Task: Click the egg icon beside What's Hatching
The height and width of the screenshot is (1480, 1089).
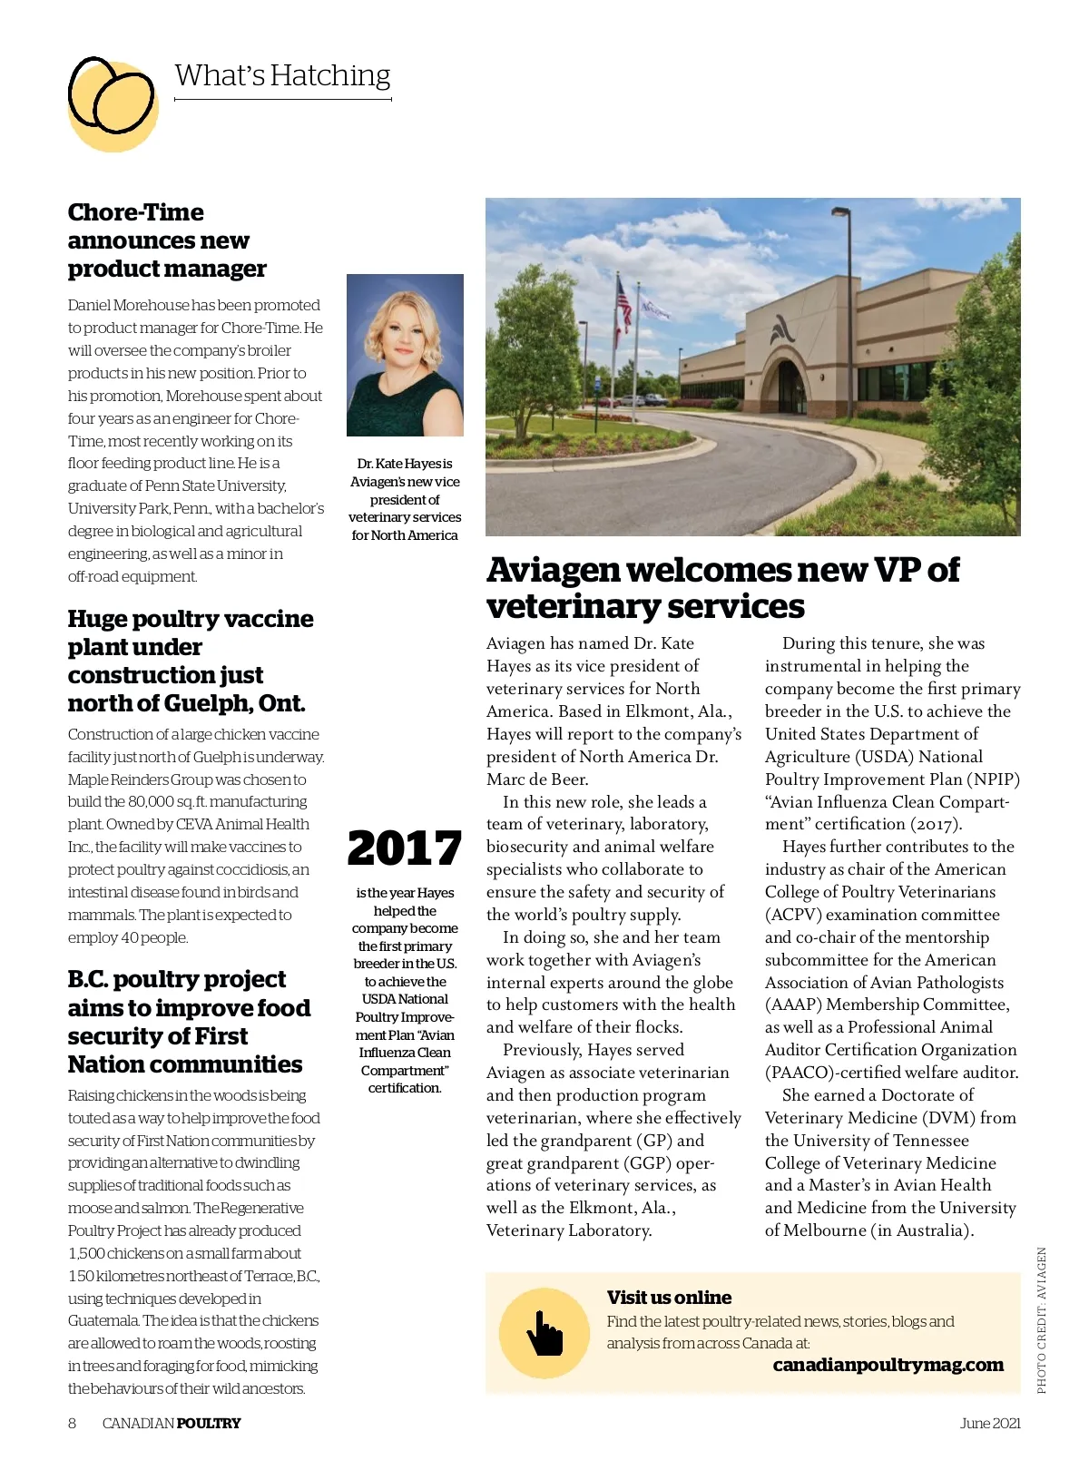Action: [112, 102]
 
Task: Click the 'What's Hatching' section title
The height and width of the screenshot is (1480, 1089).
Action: [282, 75]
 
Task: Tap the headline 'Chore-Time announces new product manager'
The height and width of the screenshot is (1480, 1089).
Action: [166, 240]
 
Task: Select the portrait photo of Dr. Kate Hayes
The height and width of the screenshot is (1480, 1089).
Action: [405, 355]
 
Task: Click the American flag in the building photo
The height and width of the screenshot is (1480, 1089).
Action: [623, 304]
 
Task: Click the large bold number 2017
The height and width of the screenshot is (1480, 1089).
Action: [405, 848]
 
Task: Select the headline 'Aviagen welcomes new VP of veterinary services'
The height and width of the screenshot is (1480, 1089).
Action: [722, 587]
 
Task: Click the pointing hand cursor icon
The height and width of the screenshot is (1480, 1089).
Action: [544, 1333]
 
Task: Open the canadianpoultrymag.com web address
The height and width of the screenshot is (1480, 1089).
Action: [888, 1365]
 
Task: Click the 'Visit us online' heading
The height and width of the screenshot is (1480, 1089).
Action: [669, 1298]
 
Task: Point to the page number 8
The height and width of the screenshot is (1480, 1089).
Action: [73, 1423]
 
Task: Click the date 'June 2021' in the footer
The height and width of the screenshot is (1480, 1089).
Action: [990, 1423]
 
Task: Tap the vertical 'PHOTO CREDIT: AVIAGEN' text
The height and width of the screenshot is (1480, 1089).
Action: [1041, 1320]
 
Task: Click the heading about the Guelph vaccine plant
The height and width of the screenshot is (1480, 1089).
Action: [190, 661]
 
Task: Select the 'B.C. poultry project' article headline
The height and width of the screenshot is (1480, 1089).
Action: [189, 1022]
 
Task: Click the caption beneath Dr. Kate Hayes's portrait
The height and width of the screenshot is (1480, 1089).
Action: [405, 499]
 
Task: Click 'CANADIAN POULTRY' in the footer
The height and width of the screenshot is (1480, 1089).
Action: [172, 1423]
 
